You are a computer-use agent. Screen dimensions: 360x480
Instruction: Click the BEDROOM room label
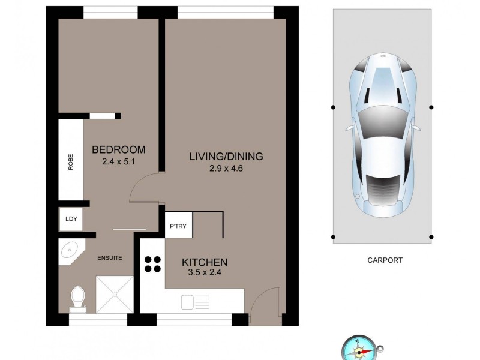click(118, 149)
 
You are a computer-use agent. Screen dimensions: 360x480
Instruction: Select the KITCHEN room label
click(205, 262)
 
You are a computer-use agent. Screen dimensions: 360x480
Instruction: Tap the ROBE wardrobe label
click(70, 164)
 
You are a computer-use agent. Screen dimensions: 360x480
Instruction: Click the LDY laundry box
click(70, 219)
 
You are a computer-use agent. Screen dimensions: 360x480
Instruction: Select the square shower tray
click(114, 294)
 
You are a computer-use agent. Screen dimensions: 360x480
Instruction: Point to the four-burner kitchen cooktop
click(152, 265)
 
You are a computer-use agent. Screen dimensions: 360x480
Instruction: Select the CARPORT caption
click(384, 260)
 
